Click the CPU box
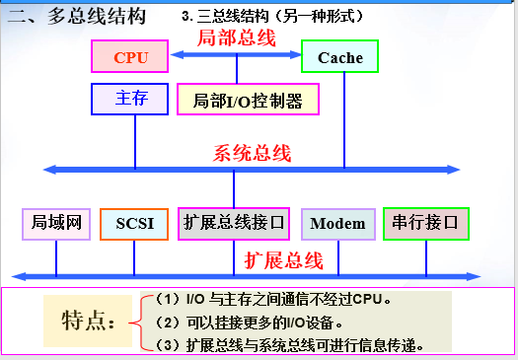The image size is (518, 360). coord(130,57)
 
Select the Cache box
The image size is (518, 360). coord(339,57)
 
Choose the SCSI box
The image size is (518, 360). coord(134,223)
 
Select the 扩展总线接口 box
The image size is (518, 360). coord(234,223)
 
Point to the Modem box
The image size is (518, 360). coord(337,223)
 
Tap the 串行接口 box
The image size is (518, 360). coord(425,223)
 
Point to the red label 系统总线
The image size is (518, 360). coord(253,153)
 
